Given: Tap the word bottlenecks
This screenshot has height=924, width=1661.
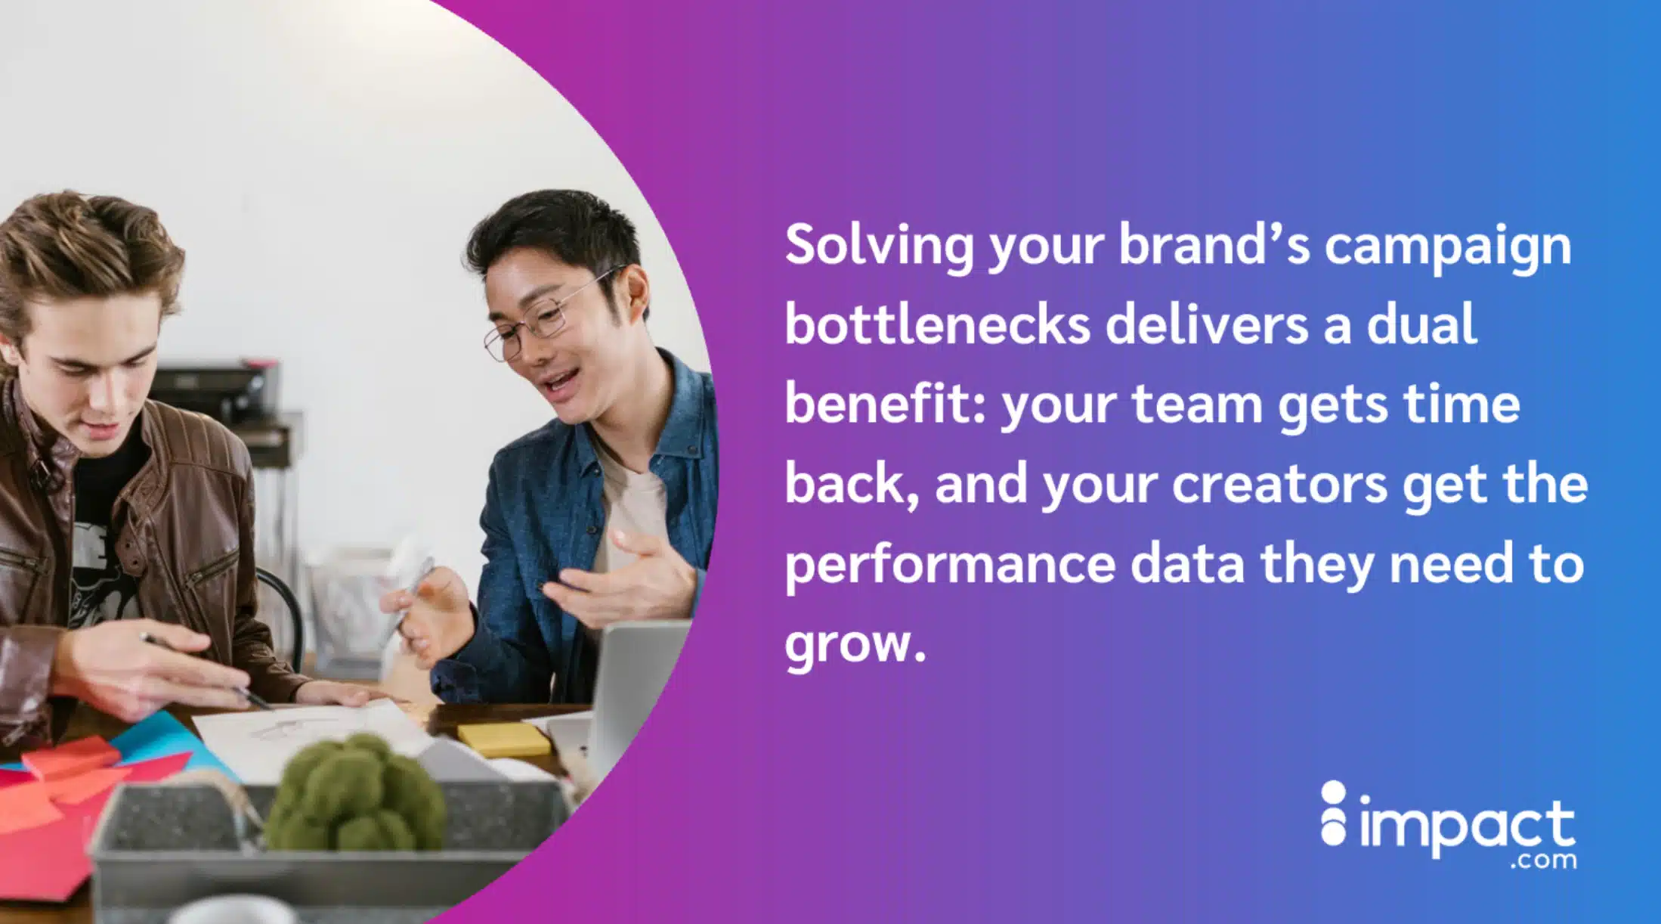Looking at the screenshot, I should coord(937,326).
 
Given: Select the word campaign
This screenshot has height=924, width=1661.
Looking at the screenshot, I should coord(1447,247).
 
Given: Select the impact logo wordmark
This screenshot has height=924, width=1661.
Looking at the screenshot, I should coord(1466,828).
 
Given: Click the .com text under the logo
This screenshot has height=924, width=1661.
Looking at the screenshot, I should coord(1542,861).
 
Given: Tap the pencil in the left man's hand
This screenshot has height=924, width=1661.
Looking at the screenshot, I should coord(204,669).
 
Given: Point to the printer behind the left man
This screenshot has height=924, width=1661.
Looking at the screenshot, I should coord(219,393).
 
